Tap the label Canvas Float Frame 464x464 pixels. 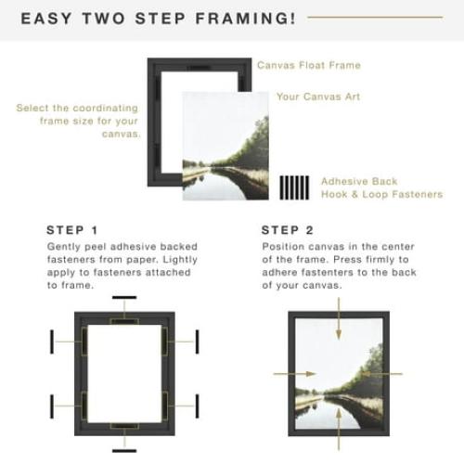click(x=308, y=66)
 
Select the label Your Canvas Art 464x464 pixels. click(x=318, y=97)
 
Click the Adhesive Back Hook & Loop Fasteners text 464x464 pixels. click(x=380, y=187)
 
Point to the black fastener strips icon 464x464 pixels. click(x=294, y=187)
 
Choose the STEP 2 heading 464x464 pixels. click(x=288, y=230)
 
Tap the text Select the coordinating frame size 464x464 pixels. click(x=79, y=121)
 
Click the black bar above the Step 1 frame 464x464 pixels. click(x=123, y=299)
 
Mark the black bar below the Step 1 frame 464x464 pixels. click(x=123, y=450)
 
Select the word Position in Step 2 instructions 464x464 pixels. click(x=283, y=247)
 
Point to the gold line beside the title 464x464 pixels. click(x=388, y=17)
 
